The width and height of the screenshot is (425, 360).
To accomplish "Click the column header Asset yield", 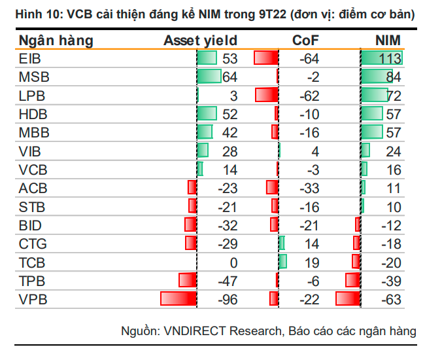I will pyautogui.click(x=200, y=41).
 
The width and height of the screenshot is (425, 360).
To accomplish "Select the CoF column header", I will pyautogui.click(x=305, y=41).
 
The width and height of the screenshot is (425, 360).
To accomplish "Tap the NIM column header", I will pyautogui.click(x=388, y=41).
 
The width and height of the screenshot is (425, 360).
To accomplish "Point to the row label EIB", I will pyautogui.click(x=30, y=59).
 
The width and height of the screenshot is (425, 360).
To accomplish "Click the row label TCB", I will pyautogui.click(x=33, y=262).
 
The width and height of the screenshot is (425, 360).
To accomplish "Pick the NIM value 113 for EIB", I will pyautogui.click(x=390, y=59).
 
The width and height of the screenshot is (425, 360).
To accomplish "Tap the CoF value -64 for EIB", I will pyautogui.click(x=309, y=59).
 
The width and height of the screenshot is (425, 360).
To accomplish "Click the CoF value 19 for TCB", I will pyautogui.click(x=311, y=262).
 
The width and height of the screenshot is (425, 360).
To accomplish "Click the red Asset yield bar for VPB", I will pyautogui.click(x=178, y=299).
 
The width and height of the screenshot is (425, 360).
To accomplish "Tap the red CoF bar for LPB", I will pyautogui.click(x=267, y=96).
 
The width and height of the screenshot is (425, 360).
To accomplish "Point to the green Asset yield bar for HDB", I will pyautogui.click(x=207, y=114).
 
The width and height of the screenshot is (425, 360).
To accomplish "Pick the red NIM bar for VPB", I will pyautogui.click(x=347, y=299).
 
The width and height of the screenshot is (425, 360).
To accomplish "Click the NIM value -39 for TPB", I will pyautogui.click(x=390, y=281).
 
